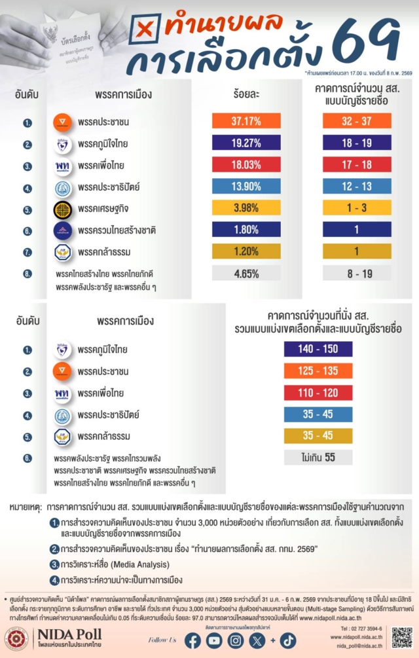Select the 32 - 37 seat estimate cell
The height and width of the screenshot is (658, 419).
point(357,121)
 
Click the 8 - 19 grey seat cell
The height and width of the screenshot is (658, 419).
point(357,273)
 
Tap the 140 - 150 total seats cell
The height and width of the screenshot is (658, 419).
point(318,350)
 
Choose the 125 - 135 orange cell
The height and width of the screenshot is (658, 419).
point(318,371)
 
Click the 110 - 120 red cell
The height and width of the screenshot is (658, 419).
point(318,393)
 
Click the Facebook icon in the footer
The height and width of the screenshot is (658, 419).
point(192,640)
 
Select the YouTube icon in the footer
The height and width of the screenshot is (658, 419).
point(214,640)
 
